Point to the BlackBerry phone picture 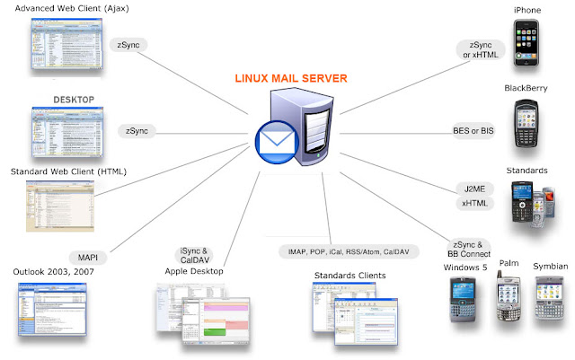526,125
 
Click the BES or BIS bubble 473,131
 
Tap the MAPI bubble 88,258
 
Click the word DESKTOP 74,99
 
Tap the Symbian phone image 550,298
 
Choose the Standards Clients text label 343,274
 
